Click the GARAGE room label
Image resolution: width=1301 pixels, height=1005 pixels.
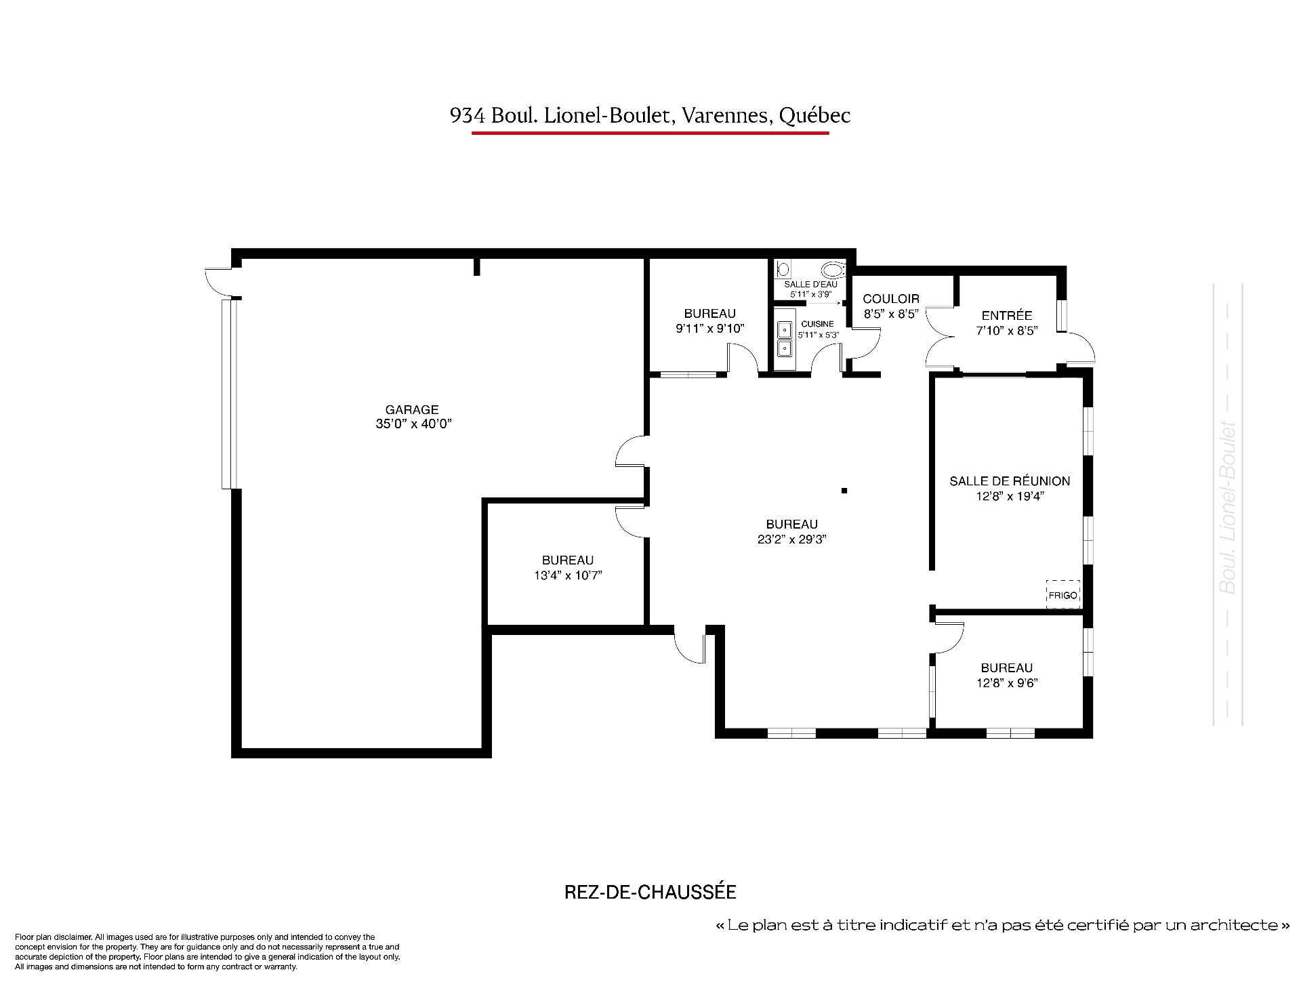point(412,409)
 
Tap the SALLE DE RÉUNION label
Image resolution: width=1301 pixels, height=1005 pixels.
point(1010,481)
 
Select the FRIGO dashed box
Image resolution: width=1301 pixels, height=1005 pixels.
point(1062,594)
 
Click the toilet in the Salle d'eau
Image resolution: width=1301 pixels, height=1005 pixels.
point(833,270)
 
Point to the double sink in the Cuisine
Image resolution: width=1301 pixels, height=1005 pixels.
point(785,339)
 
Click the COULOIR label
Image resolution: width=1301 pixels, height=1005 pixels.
point(891,299)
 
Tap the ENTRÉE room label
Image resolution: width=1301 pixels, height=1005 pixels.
point(1007,315)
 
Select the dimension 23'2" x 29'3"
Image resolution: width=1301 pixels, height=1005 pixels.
point(791,540)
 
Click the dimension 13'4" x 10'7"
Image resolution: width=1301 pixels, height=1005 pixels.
point(568,576)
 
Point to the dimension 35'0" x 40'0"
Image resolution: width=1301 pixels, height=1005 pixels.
point(412,424)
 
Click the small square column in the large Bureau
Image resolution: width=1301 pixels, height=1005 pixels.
point(844,491)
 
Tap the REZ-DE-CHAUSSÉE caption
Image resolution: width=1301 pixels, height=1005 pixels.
point(650,893)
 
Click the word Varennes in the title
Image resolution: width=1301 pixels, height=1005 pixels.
point(726,117)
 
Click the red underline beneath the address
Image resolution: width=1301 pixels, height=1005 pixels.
point(650,133)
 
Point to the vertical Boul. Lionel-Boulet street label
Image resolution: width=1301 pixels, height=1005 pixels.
point(1227,508)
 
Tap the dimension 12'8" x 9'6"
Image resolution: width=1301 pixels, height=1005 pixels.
point(1007,683)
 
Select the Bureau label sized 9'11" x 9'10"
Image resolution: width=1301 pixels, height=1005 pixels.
point(709,314)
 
